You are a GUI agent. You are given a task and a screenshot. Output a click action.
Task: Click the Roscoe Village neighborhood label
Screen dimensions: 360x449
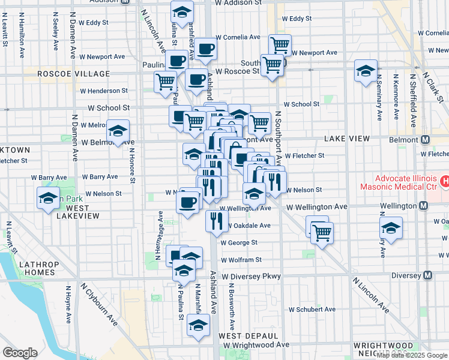(x=74, y=74)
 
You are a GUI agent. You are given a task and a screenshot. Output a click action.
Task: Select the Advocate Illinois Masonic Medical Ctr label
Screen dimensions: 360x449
(x=405, y=185)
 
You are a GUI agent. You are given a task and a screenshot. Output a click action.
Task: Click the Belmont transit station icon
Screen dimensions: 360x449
(x=426, y=140)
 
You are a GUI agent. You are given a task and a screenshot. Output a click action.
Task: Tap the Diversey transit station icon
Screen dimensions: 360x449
(x=427, y=275)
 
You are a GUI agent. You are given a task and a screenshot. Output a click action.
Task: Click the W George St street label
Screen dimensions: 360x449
(x=238, y=243)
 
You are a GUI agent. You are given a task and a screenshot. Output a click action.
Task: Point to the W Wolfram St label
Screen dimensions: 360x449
(x=241, y=260)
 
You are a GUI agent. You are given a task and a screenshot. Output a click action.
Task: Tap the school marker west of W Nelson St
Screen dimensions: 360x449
(x=47, y=199)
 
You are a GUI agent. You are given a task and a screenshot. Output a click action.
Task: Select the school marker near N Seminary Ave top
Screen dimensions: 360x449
(x=365, y=71)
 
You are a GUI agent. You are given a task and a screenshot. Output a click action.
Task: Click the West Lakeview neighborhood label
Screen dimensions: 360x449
(x=73, y=212)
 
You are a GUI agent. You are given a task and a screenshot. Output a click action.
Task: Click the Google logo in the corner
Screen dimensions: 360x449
(x=20, y=353)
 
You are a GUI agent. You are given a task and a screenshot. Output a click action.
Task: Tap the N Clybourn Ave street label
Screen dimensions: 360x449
(x=99, y=309)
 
